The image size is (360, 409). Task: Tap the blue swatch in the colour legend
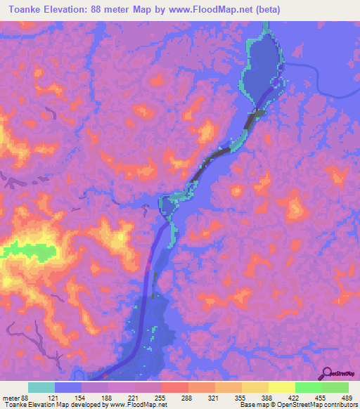(68, 387)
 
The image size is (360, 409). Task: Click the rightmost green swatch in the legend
(335, 387)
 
